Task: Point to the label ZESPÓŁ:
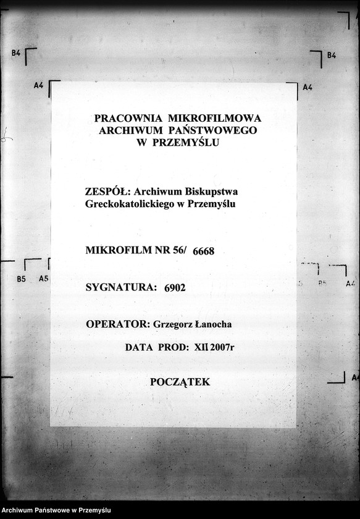(x=105, y=192)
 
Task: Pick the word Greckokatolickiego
(x=132, y=203)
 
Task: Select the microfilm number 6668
(x=203, y=251)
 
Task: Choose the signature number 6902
(x=175, y=287)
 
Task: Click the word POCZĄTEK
(x=180, y=382)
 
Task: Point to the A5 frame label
(x=43, y=279)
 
